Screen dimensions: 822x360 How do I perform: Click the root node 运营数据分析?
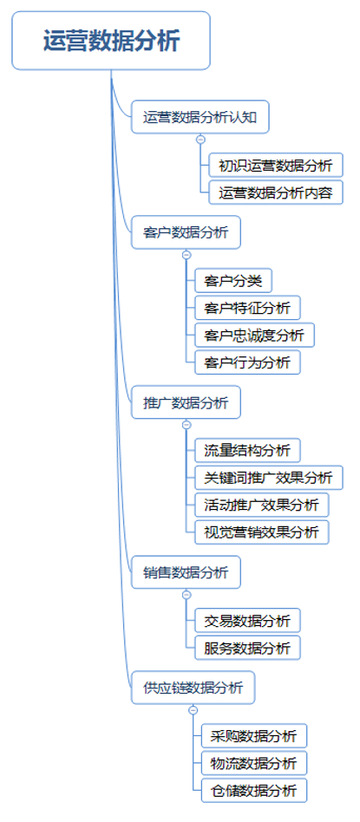click(111, 41)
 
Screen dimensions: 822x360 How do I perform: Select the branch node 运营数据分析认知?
click(200, 117)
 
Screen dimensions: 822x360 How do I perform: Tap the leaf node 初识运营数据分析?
click(276, 165)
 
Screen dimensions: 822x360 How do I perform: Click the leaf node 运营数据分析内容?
click(276, 192)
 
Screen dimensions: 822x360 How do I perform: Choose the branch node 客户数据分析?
click(186, 232)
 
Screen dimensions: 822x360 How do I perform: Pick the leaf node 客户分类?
click(233, 280)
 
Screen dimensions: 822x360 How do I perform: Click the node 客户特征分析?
click(247, 307)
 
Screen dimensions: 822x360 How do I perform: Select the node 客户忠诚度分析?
click(254, 335)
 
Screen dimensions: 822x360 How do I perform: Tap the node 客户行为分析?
click(247, 362)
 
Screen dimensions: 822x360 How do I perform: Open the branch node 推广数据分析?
click(186, 402)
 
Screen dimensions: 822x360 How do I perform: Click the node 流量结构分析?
click(247, 450)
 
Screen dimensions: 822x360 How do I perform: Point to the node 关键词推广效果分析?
click(268, 477)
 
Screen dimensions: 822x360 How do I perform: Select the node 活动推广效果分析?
click(261, 505)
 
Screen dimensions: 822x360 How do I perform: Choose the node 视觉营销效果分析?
click(261, 532)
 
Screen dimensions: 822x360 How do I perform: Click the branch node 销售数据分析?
click(186, 572)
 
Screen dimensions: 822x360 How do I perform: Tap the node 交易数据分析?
click(247, 620)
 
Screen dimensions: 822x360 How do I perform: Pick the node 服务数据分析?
click(247, 647)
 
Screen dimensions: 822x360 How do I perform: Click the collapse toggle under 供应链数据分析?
click(193, 710)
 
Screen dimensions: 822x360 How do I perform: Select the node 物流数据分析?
click(254, 763)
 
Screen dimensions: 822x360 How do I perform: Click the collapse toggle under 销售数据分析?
click(186, 594)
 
